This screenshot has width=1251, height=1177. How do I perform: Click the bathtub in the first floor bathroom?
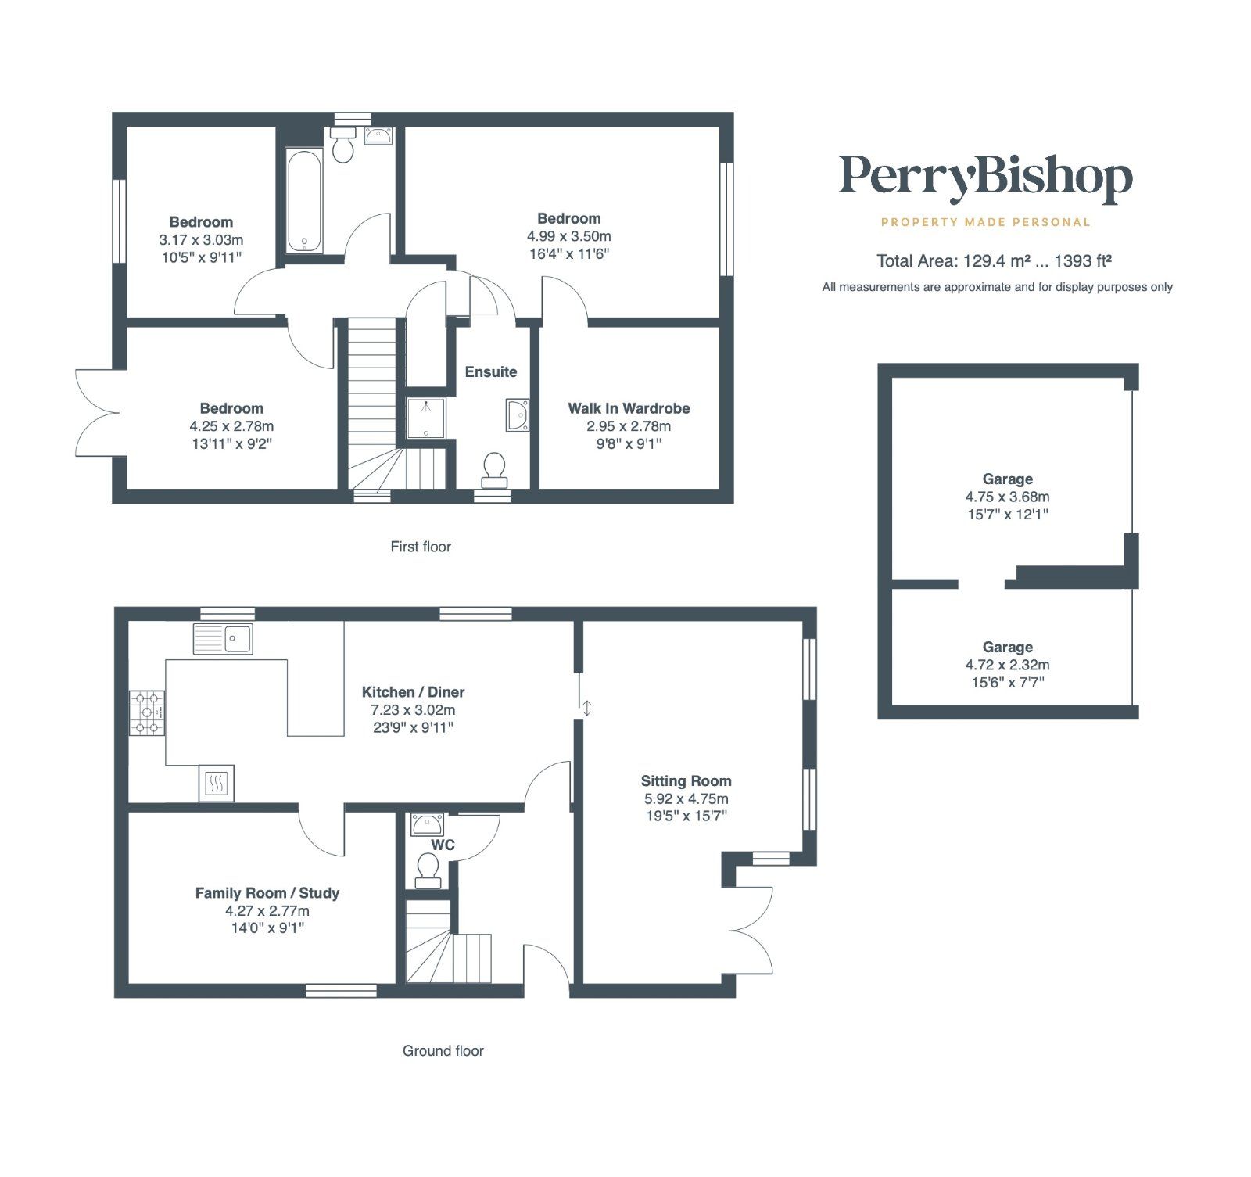303,200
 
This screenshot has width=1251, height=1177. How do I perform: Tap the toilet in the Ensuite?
494,467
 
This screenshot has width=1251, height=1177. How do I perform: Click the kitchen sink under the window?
223,638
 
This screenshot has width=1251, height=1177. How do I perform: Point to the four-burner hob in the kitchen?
147,712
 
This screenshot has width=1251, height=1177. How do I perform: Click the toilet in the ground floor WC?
428,870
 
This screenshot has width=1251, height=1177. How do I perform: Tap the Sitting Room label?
686,780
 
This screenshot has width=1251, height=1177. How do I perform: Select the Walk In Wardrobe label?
629,408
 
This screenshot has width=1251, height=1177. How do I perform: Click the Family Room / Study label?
267,893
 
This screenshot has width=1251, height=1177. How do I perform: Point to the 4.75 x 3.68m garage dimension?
1007,497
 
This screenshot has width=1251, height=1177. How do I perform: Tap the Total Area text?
994,261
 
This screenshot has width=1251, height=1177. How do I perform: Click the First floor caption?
421,547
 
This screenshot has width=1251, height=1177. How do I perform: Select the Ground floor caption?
443,1051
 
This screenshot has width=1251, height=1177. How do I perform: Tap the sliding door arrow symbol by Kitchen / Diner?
586,708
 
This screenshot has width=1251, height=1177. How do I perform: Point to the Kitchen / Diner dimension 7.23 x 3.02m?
413,710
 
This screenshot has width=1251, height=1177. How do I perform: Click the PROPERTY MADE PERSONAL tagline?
985,222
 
